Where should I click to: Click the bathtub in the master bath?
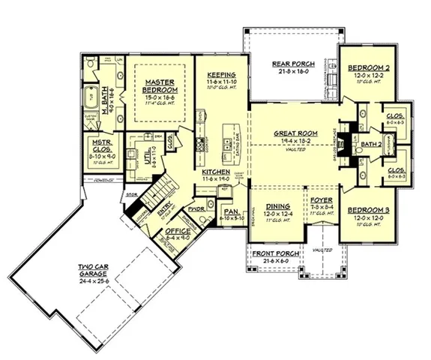coord(91,97)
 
